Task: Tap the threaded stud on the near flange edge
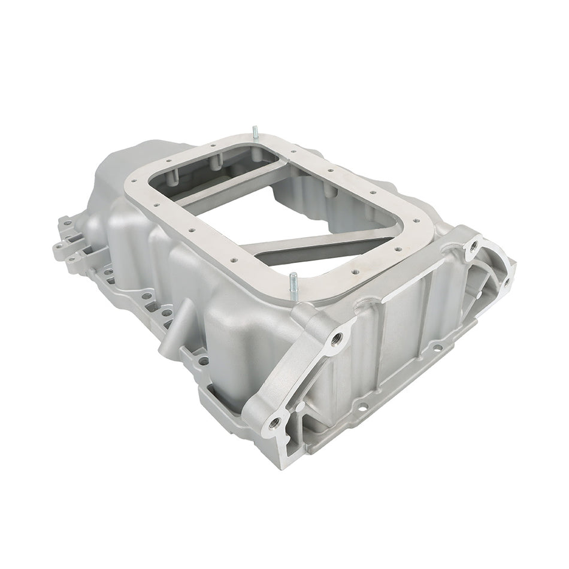[293, 282]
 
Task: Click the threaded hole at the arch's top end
[474, 246]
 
